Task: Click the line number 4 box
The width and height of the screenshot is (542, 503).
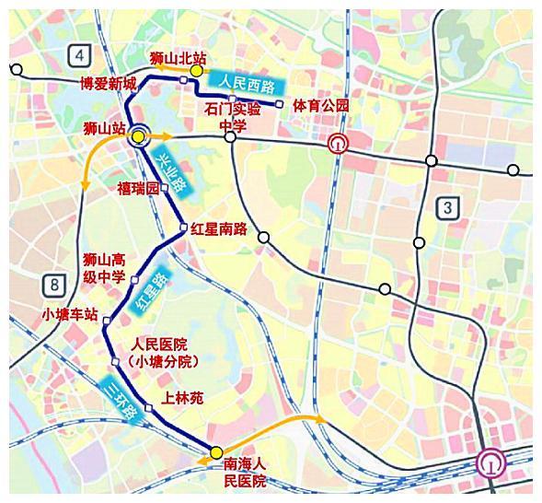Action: click(80, 56)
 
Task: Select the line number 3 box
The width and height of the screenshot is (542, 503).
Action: click(447, 207)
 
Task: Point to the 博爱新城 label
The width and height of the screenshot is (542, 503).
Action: click(108, 85)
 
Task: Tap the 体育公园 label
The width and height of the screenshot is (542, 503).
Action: click(321, 106)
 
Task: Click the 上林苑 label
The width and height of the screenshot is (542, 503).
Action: click(182, 398)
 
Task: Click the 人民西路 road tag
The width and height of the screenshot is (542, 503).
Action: click(241, 84)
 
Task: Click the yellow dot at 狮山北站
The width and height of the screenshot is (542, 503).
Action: click(196, 70)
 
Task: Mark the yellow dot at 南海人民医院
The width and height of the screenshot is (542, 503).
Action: click(215, 452)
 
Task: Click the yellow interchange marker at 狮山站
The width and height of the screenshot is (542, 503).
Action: click(138, 136)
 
